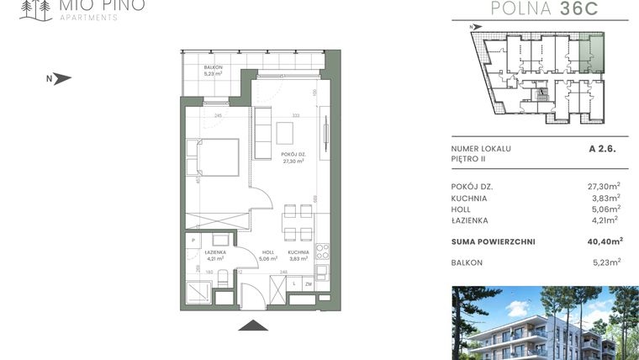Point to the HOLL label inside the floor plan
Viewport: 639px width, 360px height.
[x=268, y=251]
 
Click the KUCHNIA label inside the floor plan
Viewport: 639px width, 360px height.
[x=298, y=251]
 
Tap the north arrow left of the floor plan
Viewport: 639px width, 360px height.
[x=61, y=79]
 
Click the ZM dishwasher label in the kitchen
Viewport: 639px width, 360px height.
[x=309, y=286]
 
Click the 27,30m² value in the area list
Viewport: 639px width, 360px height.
[x=604, y=186]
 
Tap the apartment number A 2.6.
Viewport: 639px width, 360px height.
[x=605, y=148]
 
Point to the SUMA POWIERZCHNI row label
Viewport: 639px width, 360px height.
[x=493, y=242]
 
